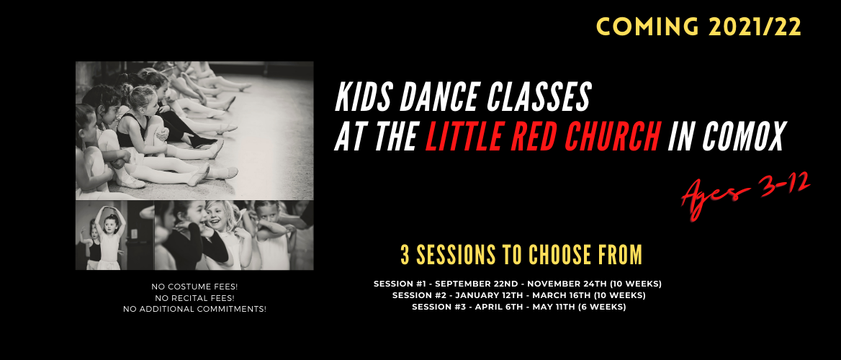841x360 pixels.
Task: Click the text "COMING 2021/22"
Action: pos(698,27)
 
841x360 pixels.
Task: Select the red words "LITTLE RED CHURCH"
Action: pos(542,136)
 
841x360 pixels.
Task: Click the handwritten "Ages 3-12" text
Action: pos(745,193)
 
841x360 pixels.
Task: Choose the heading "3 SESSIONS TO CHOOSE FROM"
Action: pos(521,256)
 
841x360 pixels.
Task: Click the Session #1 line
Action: pos(518,284)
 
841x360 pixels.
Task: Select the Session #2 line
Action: pos(518,296)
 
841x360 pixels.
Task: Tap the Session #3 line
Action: pos(518,307)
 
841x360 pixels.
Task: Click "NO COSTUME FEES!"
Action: pos(194,287)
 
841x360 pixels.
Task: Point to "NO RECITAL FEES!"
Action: pos(194,298)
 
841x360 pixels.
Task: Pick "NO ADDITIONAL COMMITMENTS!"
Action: pos(194,309)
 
